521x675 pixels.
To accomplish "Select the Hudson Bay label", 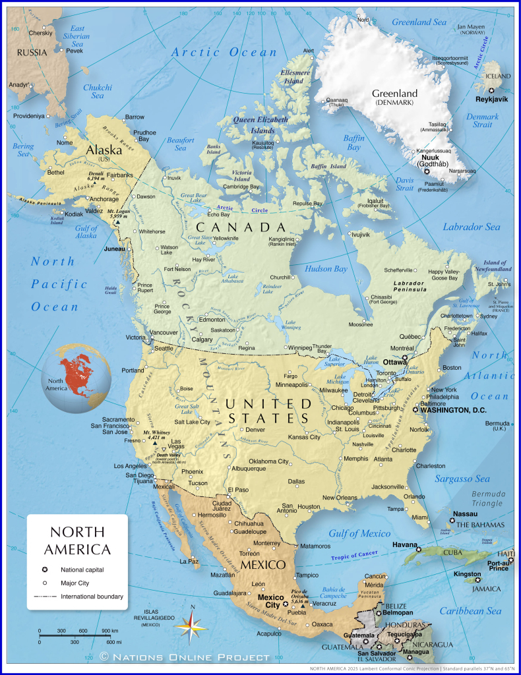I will pyautogui.click(x=326, y=269).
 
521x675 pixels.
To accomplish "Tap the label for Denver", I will pyautogui.click(x=255, y=430).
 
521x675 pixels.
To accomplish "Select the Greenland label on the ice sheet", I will pyautogui.click(x=394, y=94).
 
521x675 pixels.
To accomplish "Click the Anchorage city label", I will pyautogui.click(x=104, y=199).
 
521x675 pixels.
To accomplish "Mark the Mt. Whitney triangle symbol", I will pyautogui.click(x=154, y=444).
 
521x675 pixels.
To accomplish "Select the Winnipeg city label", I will pyautogui.click(x=300, y=347).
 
